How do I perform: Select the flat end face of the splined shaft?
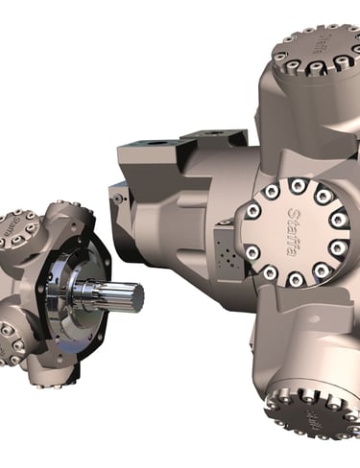137,297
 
